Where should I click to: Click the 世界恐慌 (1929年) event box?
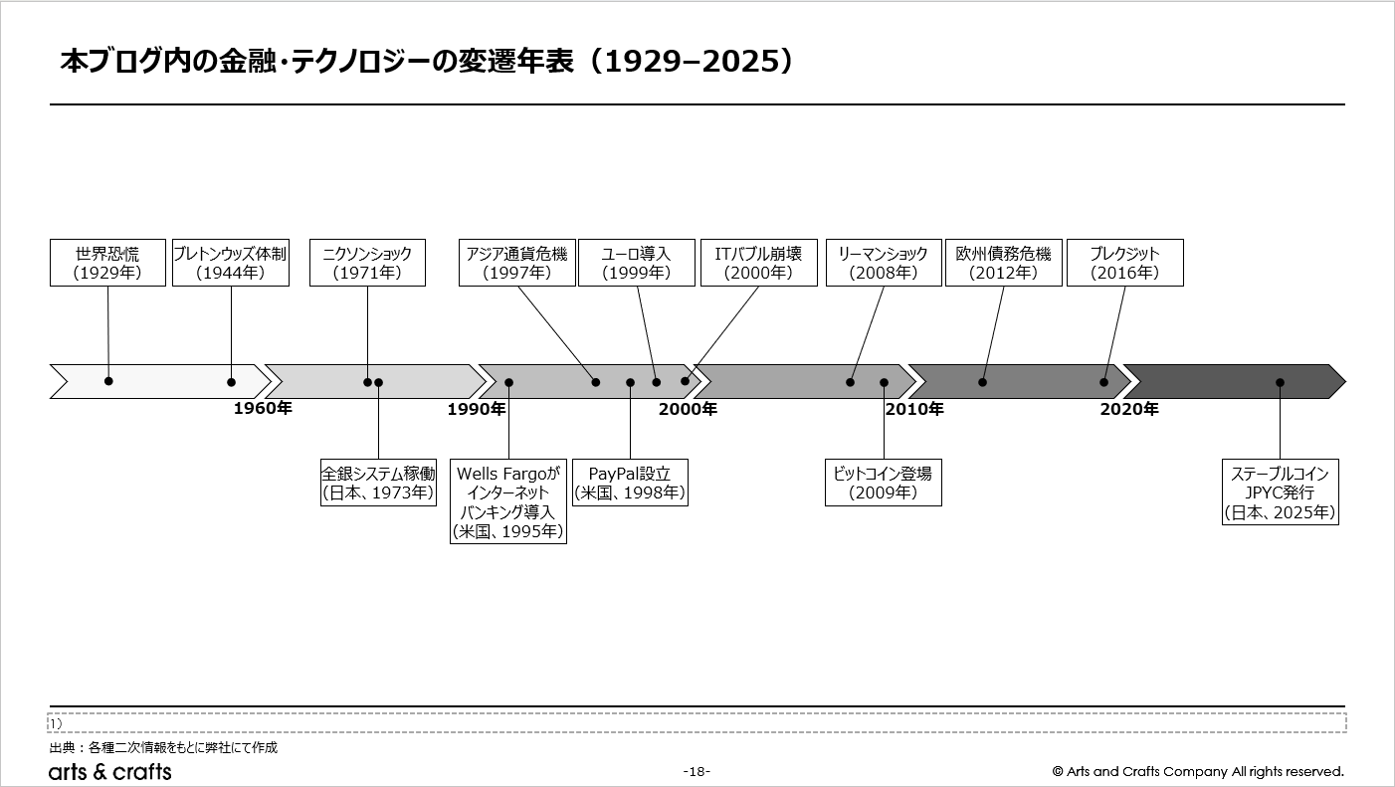tap(107, 263)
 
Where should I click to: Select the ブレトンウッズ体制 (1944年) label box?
tap(231, 263)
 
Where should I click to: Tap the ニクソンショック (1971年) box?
tap(367, 263)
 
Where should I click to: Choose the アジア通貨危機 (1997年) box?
tap(517, 263)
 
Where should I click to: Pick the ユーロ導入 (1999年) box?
tap(637, 263)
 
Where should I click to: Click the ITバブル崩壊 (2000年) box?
tap(759, 263)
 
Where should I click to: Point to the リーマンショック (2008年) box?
tap(884, 263)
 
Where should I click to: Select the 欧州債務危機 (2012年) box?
tap(1004, 263)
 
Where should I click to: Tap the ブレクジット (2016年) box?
tap(1125, 263)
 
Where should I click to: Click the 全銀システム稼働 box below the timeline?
tap(378, 483)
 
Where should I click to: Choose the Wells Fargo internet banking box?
tap(508, 502)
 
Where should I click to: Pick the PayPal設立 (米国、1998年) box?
tap(630, 483)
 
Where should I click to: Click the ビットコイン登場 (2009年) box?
tap(884, 483)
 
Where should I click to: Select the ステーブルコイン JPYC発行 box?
tap(1280, 492)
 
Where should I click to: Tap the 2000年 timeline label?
tap(688, 409)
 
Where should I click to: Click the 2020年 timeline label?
tap(1129, 409)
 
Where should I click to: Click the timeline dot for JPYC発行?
tap(1280, 382)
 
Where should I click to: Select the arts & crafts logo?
tap(110, 772)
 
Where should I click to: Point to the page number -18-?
tap(697, 772)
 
